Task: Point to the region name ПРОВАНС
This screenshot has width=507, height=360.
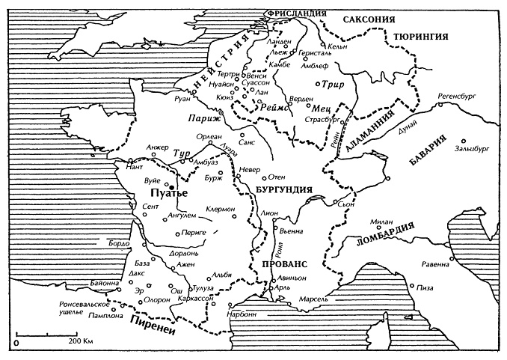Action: coord(283,265)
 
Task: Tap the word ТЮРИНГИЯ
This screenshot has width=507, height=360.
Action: coord(426,36)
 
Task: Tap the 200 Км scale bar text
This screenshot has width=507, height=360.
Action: coord(84,341)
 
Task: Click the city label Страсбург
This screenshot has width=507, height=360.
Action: coord(323,119)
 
